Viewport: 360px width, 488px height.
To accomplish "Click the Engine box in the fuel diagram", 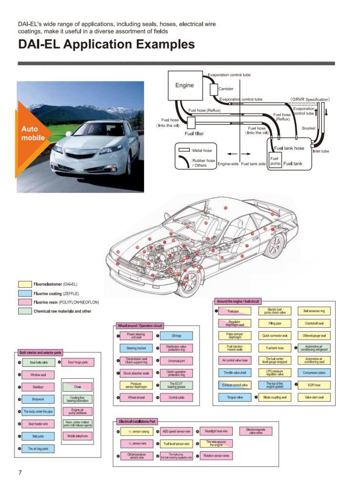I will (185, 85).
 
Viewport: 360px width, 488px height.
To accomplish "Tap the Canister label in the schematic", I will (226, 89).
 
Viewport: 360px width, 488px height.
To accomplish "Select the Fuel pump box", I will (275, 161).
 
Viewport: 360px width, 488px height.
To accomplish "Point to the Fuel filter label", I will (194, 134).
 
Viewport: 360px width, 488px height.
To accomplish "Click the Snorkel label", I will (309, 128).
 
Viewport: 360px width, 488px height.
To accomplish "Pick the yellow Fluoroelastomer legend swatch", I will (25, 284).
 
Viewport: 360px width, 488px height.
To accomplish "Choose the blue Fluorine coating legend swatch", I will (25, 293).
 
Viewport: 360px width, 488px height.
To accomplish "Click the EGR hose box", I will (314, 385).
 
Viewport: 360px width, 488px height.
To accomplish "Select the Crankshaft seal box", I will (314, 324).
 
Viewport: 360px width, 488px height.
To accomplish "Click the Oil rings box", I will (176, 336).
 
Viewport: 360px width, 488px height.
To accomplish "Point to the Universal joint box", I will (176, 361).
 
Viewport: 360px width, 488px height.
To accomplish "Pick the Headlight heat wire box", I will (216, 431).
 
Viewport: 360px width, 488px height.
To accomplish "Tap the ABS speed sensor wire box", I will (176, 432).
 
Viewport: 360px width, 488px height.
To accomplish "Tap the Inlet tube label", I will (320, 151).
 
